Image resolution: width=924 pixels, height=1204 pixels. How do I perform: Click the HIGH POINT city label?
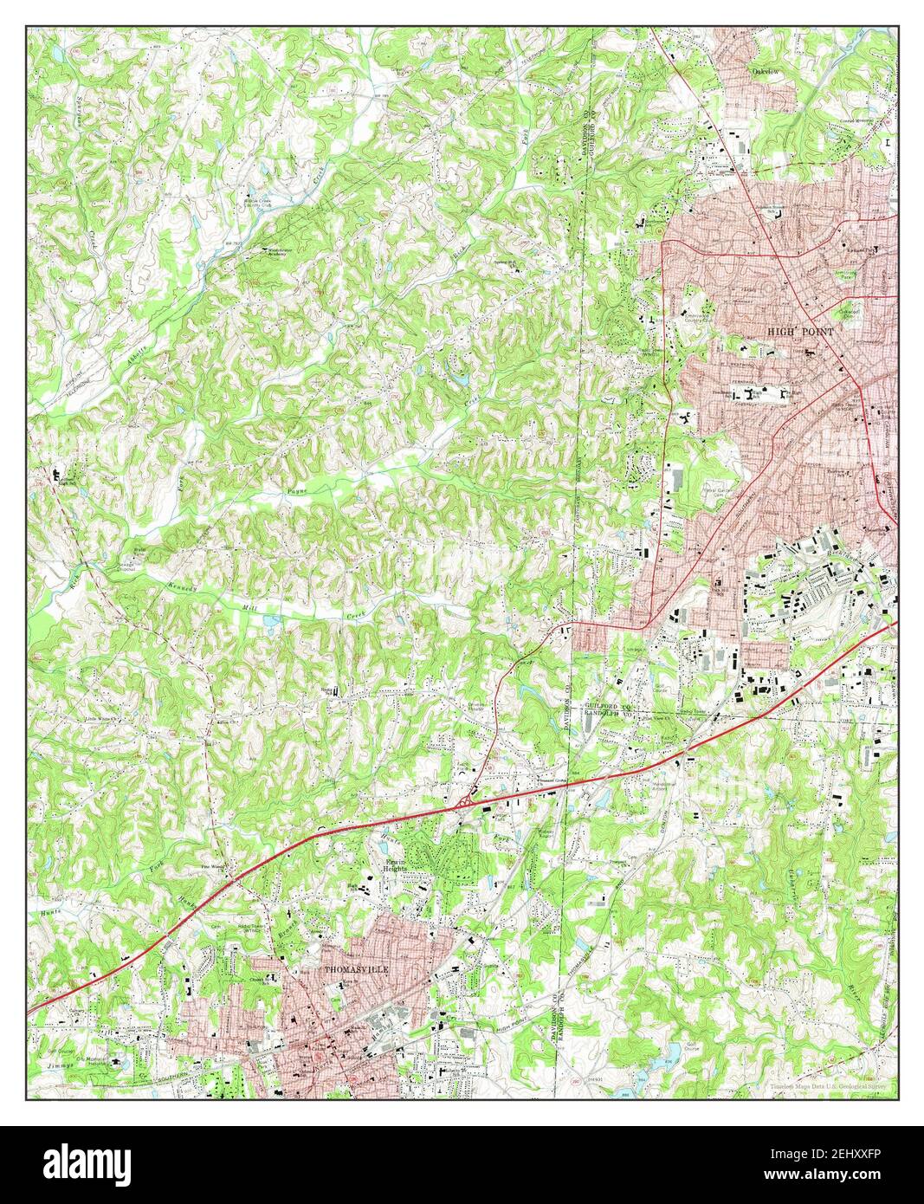(x=799, y=332)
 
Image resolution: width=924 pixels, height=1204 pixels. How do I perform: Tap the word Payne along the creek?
(x=297, y=491)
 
